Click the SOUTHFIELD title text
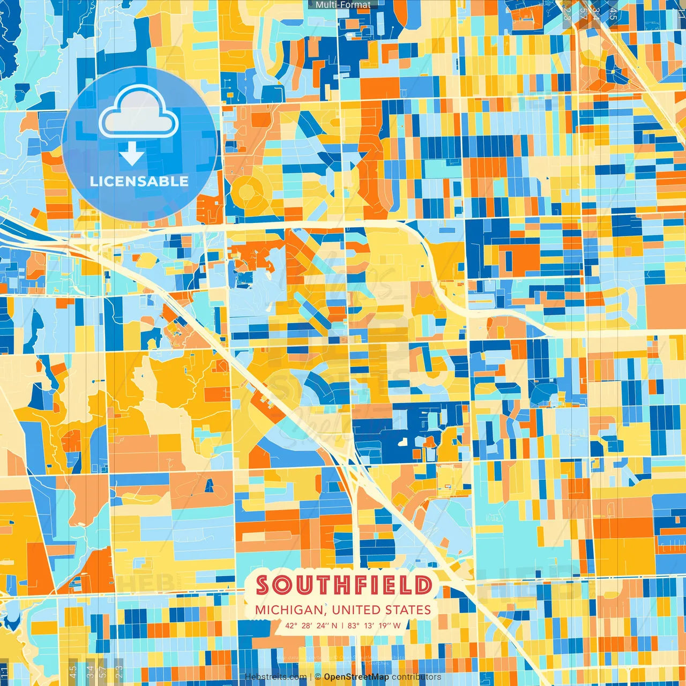(x=344, y=585)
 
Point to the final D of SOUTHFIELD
(x=424, y=585)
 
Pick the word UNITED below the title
(x=356, y=610)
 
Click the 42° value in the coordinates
(x=291, y=625)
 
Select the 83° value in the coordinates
(x=354, y=625)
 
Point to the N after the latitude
(x=334, y=625)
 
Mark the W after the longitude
(x=397, y=625)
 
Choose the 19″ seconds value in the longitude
(x=384, y=625)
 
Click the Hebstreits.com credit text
(x=276, y=677)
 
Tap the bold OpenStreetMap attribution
(x=356, y=677)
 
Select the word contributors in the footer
(x=416, y=677)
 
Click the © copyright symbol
(x=318, y=677)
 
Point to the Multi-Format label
(x=343, y=5)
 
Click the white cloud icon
(x=139, y=113)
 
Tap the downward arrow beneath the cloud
(x=132, y=154)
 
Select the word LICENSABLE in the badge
(x=139, y=181)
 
